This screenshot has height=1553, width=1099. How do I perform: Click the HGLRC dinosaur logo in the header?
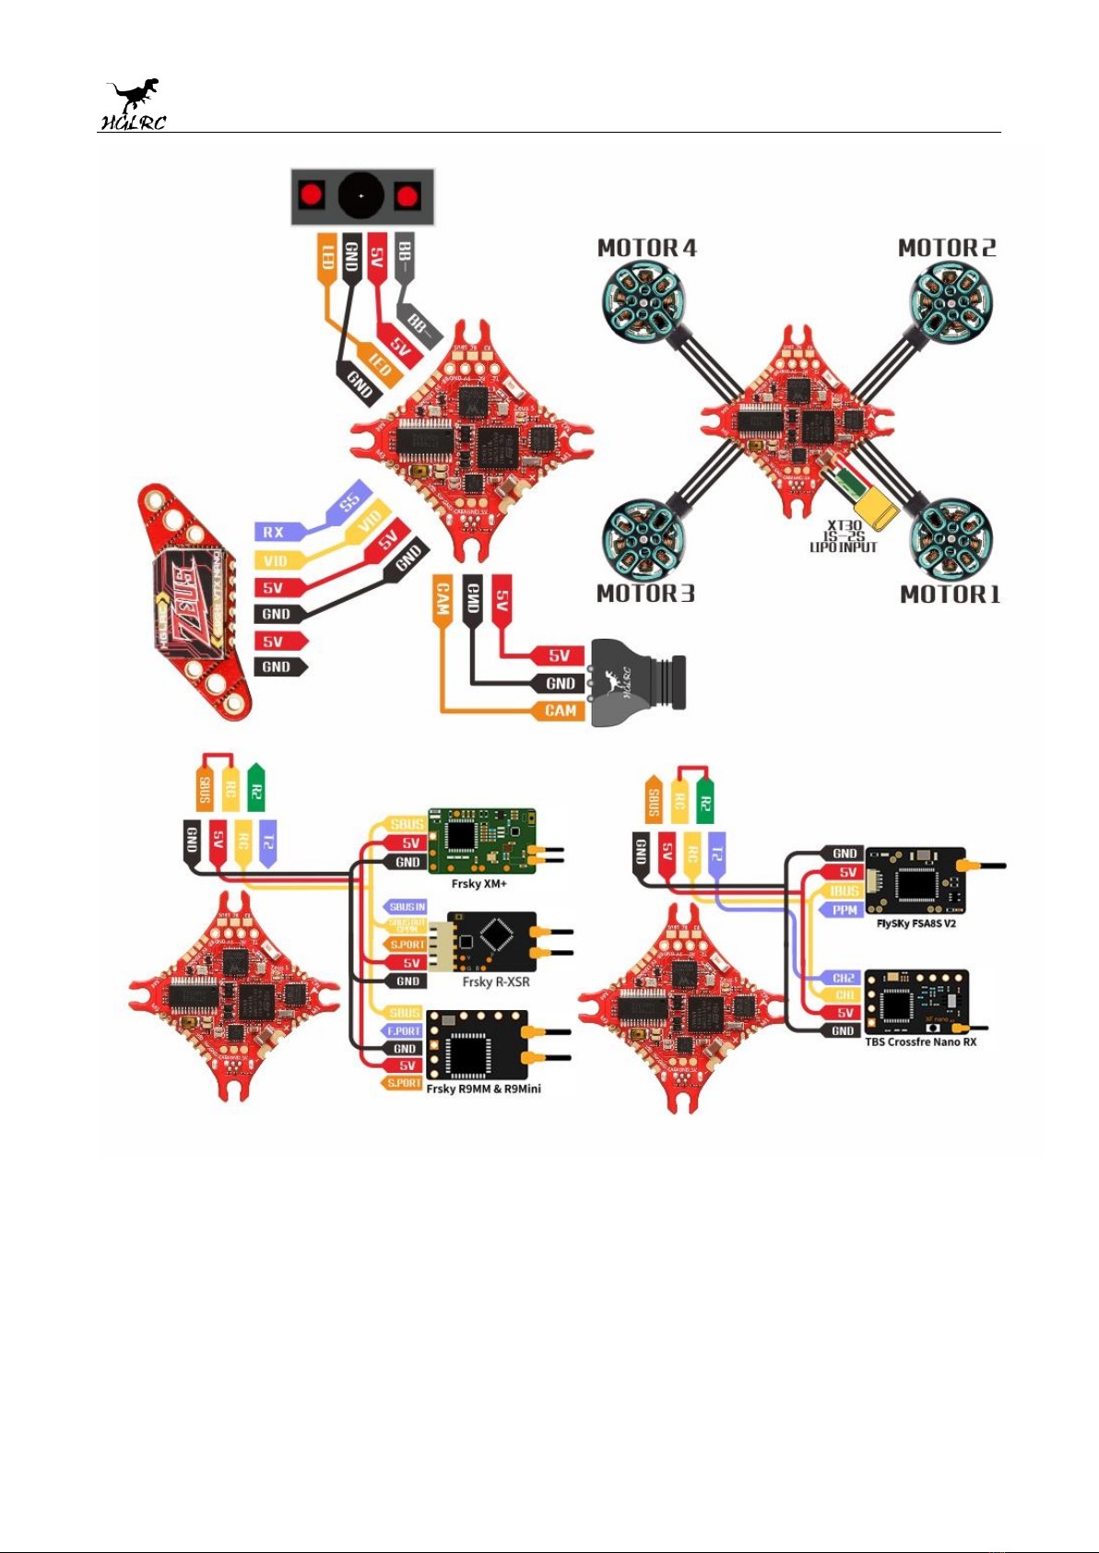click(134, 104)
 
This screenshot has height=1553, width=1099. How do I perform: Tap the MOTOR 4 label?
click(646, 248)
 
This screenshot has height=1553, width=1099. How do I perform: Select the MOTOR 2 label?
click(947, 248)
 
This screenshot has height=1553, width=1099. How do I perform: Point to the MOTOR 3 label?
click(645, 594)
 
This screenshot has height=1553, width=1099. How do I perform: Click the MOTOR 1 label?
click(950, 594)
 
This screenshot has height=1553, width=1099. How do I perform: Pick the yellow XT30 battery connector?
click(875, 510)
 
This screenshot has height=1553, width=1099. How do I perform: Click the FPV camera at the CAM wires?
click(638, 682)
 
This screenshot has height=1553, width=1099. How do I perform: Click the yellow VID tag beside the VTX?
click(276, 560)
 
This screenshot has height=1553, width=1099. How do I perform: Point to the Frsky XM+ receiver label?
click(479, 884)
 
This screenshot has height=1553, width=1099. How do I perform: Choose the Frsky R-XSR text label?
click(496, 982)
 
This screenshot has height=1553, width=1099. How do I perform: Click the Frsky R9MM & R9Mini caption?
click(483, 1088)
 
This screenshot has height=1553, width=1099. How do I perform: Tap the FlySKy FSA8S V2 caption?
click(916, 924)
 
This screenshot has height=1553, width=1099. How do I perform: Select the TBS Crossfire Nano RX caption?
click(920, 1042)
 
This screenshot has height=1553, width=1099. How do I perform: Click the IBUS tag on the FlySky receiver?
click(844, 891)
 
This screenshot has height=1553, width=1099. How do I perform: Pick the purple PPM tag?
click(844, 910)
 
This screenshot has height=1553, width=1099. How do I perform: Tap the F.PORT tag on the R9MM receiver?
click(403, 1030)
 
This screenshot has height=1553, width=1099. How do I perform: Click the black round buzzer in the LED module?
click(360, 195)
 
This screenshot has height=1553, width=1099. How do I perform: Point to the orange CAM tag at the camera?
click(560, 711)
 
